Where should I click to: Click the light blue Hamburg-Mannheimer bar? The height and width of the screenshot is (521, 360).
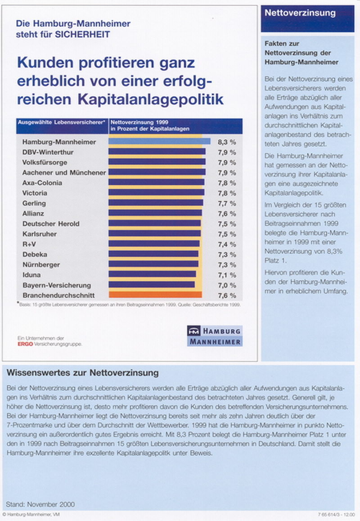tap(159, 141)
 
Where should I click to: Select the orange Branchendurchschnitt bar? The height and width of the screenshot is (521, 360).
tap(155, 295)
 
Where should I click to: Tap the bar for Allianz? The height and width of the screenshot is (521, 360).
tap(155, 213)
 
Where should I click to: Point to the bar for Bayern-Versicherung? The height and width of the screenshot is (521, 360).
tap(152, 285)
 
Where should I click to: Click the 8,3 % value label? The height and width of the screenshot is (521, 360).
tap(227, 142)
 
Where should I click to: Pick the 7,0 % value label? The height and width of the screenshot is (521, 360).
tap(227, 285)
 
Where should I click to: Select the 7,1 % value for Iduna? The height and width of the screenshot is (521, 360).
tap(227, 275)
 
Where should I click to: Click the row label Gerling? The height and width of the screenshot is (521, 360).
tap(34, 204)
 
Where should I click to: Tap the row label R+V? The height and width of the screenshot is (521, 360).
tap(29, 244)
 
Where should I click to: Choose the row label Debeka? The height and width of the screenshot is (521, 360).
tap(35, 254)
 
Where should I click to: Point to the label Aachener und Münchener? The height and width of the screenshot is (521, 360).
tap(64, 173)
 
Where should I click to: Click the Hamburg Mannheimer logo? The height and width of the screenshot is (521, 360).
tap(215, 336)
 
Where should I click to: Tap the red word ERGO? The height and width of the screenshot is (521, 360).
tap(25, 344)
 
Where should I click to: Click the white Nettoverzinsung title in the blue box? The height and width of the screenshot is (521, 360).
tap(300, 13)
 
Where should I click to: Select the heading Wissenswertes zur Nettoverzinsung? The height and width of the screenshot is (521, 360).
tap(83, 373)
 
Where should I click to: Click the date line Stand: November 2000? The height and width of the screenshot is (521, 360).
tap(40, 504)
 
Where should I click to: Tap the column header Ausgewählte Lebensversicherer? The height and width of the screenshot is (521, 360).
tap(62, 122)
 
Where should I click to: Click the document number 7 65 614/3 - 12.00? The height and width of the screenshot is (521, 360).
tap(336, 515)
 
